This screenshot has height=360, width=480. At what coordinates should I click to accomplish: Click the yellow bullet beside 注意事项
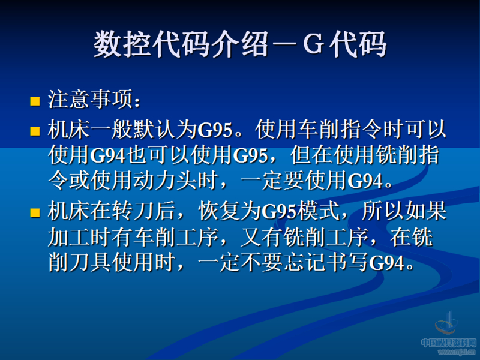click(35, 100)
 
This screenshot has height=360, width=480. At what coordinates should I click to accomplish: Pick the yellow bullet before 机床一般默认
click(35, 129)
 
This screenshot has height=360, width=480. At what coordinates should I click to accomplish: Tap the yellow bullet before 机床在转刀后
click(35, 212)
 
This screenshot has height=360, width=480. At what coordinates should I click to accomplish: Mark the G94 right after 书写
click(388, 262)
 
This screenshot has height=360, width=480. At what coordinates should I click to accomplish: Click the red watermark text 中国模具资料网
click(448, 343)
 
